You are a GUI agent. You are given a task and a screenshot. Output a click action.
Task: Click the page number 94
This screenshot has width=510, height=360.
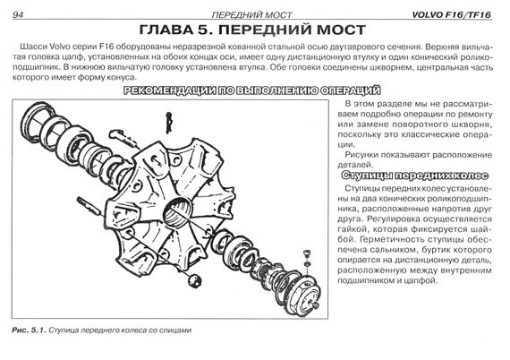click(x=18, y=15)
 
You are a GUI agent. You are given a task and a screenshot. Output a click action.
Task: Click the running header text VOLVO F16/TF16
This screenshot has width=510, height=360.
click(x=452, y=15)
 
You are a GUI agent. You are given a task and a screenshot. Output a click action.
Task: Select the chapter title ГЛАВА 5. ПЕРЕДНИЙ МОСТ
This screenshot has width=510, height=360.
click(x=252, y=30)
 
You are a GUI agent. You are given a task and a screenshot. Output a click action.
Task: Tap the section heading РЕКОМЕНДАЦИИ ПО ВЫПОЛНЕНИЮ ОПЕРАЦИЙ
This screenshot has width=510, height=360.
click(x=252, y=90)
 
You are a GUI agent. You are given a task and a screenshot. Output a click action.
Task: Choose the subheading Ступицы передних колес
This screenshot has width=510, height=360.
click(x=415, y=176)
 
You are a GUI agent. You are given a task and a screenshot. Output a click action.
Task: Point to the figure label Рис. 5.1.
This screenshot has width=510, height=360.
click(x=29, y=330)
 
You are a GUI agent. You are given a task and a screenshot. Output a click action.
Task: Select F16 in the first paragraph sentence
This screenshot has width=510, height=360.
click(x=105, y=47)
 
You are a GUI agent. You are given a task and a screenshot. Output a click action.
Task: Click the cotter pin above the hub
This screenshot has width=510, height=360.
click(x=168, y=123)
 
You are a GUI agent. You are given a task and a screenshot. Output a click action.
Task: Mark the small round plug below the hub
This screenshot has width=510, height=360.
click(x=195, y=280)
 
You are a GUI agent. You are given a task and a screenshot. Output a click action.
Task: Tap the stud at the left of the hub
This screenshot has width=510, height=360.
click(x=89, y=206)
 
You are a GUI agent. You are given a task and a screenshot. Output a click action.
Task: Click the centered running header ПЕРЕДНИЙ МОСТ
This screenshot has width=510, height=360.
click(x=252, y=15)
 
